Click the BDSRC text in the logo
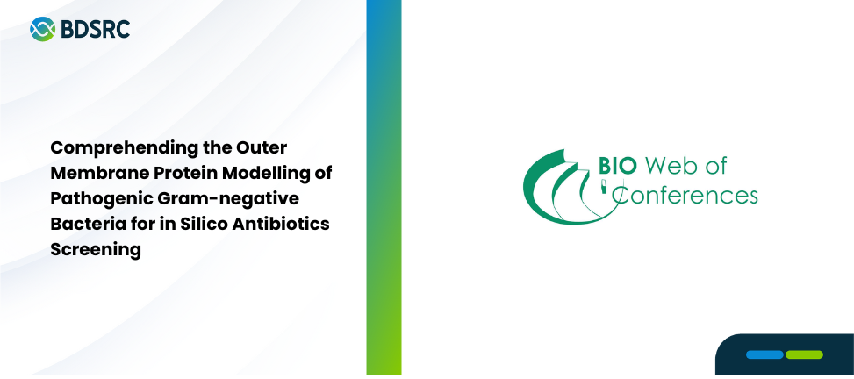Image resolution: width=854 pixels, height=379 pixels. (x=96, y=29)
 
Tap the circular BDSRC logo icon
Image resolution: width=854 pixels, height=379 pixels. (x=42, y=29)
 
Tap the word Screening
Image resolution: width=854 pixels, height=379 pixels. (x=96, y=250)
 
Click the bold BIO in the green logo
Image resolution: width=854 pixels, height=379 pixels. (x=617, y=166)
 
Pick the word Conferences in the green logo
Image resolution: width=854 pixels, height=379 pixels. (x=685, y=195)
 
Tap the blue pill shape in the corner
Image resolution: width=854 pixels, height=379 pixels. (x=764, y=355)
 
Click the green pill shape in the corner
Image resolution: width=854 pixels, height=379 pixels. (x=805, y=355)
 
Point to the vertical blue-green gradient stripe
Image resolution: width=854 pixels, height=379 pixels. (x=384, y=189)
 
